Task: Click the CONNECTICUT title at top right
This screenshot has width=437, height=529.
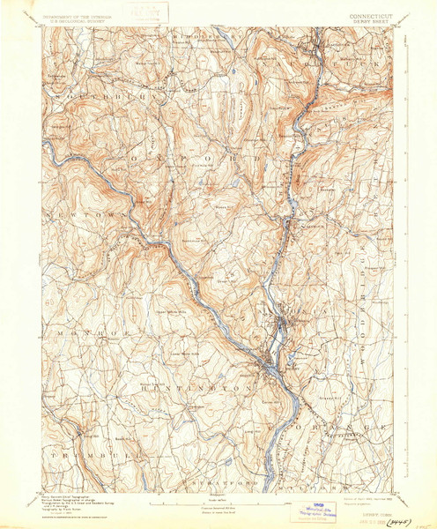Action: point(359,14)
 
